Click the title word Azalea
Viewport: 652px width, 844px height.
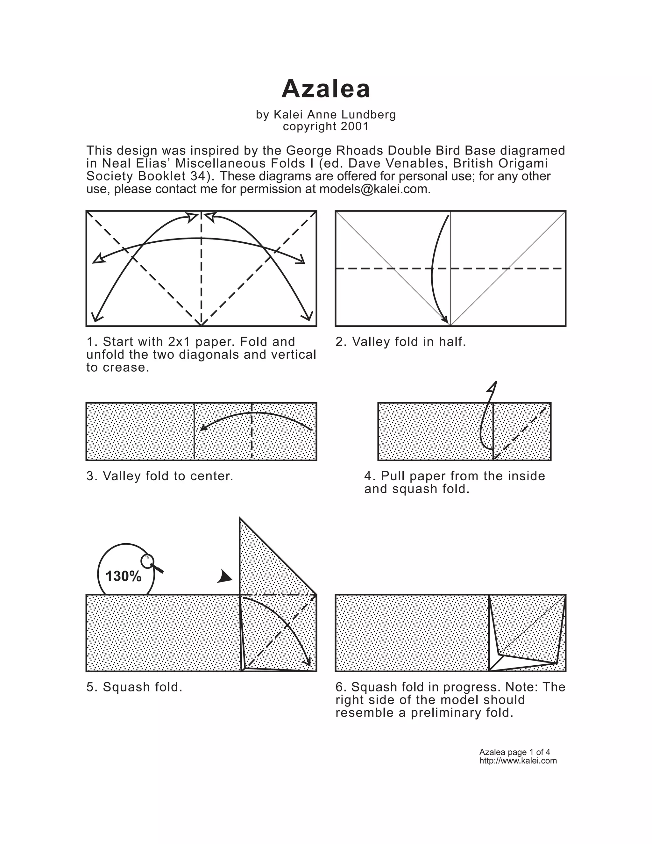326,89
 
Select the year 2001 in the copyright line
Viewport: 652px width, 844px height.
355,127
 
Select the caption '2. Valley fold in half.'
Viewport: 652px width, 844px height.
400,342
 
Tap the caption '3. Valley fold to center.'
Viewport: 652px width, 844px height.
160,476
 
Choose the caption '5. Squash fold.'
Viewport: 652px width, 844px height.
134,687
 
